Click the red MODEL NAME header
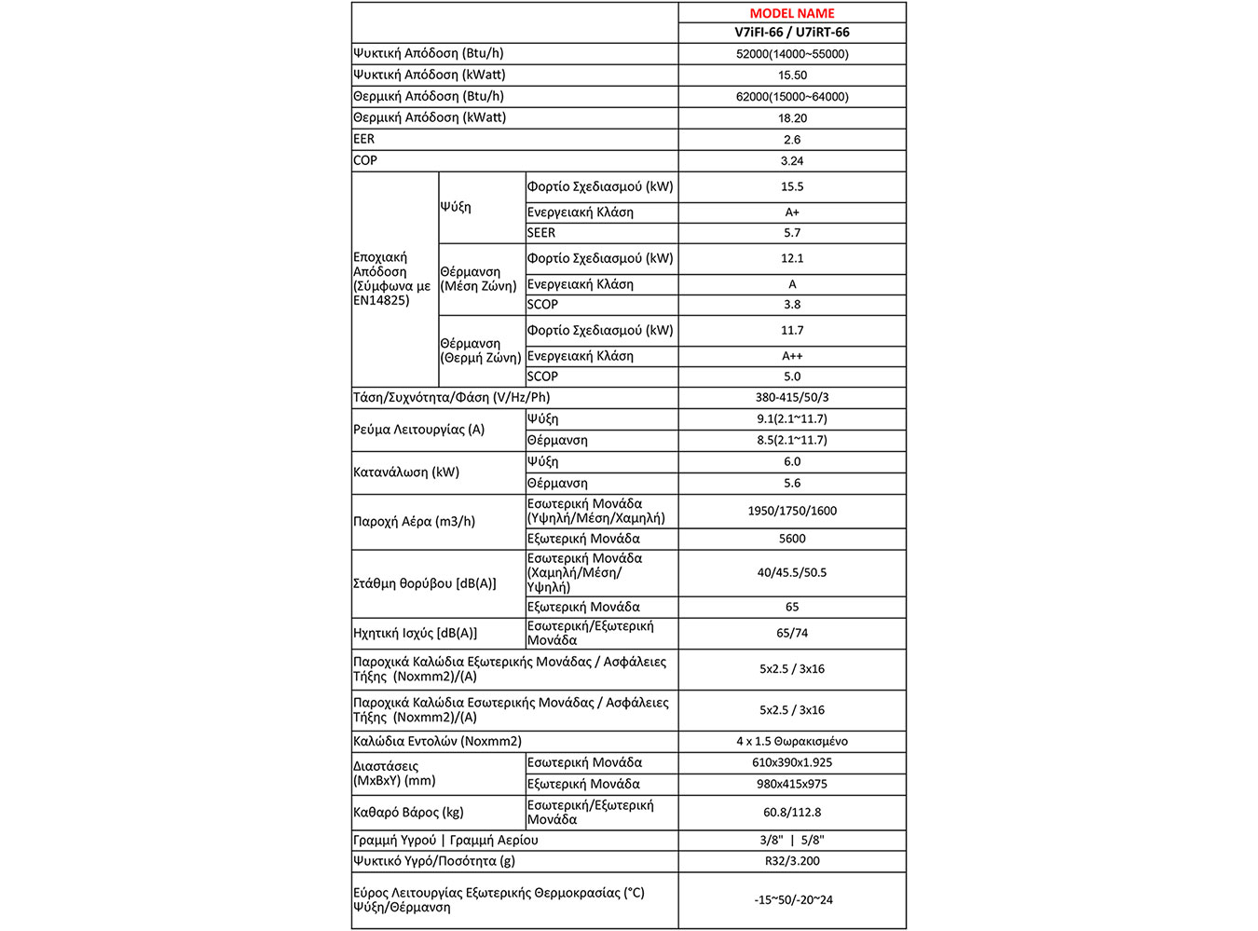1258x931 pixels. coord(792,13)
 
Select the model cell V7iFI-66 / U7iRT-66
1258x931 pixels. coord(792,33)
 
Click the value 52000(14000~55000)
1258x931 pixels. coord(792,54)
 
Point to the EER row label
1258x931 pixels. coord(364,139)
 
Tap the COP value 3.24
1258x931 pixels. coord(792,161)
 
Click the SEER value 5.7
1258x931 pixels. coord(792,233)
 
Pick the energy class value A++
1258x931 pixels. coord(792,356)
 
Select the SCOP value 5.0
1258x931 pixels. coord(792,377)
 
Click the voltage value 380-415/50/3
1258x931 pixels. coord(792,398)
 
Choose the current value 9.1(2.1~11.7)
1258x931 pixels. coord(792,419)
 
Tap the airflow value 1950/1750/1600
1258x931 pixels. coord(792,511)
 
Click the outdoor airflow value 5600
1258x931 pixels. coord(792,539)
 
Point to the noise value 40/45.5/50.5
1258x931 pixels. coord(792,572)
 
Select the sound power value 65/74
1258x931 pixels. coord(792,633)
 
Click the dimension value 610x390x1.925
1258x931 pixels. coord(792,762)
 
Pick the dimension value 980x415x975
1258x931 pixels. coord(792,784)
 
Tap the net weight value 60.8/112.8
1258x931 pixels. coord(792,813)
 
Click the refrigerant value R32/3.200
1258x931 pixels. coord(792,861)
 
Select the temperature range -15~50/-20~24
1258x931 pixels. coord(793,900)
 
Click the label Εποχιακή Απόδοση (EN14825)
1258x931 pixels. coord(391,279)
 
